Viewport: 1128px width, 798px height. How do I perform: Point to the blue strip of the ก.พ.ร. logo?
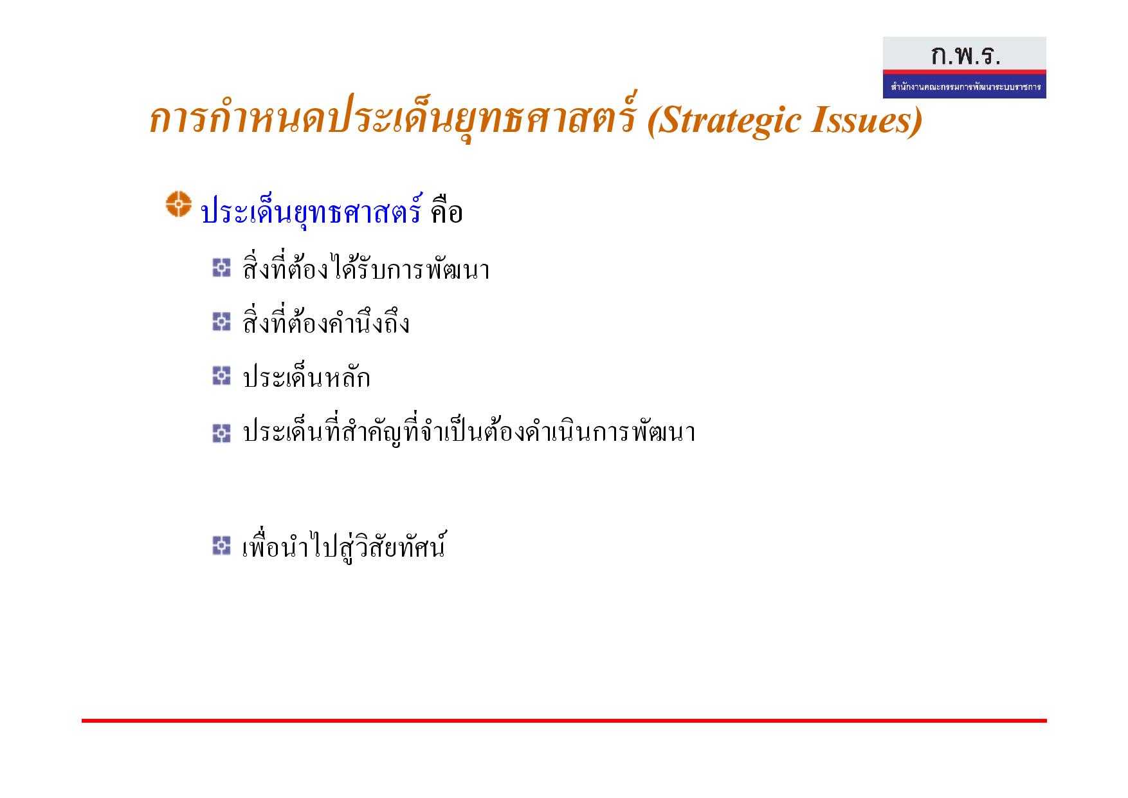(964, 87)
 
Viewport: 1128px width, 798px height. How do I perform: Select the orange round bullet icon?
(179, 203)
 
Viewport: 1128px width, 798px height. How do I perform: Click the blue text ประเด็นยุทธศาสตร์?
(311, 210)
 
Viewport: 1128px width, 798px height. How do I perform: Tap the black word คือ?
(447, 210)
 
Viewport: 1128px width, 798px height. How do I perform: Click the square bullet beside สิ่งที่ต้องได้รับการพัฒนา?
(221, 267)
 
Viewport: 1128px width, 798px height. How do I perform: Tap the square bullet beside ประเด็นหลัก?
(221, 376)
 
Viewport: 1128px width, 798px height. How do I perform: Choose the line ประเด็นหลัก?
(306, 376)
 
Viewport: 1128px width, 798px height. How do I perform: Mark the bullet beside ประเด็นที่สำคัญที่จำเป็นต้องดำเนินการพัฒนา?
(221, 433)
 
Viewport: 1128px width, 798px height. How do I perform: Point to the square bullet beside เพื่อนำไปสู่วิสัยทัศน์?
(221, 546)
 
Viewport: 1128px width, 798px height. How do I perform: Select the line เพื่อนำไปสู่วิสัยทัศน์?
(344, 546)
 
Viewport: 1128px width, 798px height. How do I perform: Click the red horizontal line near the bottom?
(564, 721)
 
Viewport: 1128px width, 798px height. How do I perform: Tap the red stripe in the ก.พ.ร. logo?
(964, 72)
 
